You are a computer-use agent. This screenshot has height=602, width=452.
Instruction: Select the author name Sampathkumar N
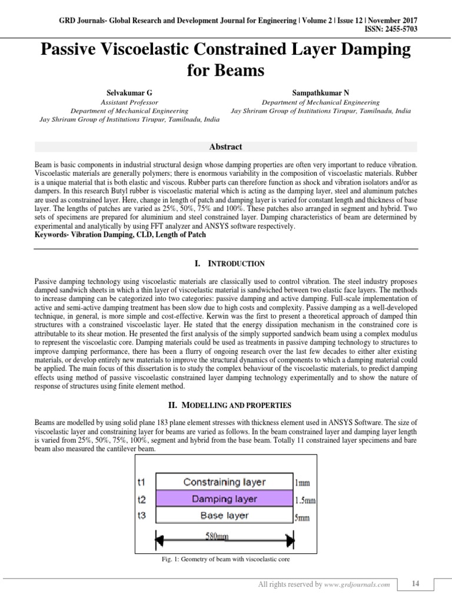(321, 93)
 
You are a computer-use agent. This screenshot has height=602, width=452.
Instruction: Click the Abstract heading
(226, 147)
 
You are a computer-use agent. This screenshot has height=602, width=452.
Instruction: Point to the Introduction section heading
(226, 263)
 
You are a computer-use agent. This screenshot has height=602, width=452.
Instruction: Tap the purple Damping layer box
(224, 499)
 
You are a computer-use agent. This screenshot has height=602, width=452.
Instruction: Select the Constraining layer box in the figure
(224, 482)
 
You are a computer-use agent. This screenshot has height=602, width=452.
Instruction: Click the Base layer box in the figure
(224, 516)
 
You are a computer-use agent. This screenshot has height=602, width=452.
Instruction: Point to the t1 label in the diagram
(141, 482)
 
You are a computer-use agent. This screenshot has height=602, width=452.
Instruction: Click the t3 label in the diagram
(141, 516)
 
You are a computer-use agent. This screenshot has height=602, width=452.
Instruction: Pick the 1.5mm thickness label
(304, 501)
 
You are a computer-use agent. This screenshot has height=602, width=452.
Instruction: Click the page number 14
(416, 583)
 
